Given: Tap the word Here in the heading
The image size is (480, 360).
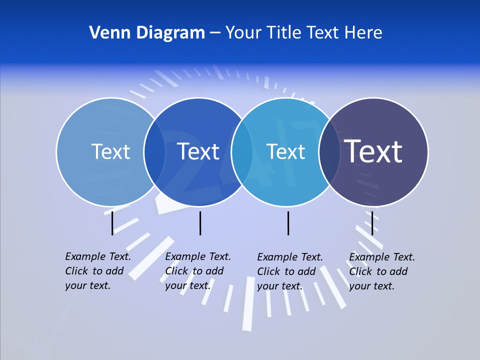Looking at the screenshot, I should point(363,33).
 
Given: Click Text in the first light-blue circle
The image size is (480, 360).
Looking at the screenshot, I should point(110,151).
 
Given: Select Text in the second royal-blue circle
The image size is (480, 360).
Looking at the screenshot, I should point(198,151).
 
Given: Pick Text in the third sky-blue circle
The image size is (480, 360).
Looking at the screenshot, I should point(285,151).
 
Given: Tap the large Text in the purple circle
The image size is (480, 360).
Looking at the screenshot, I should point(373,151).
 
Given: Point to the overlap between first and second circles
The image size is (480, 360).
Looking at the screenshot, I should point(154,152).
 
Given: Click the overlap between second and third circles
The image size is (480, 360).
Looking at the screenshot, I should point(242,152).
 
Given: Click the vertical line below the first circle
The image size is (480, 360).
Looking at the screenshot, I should point(112,223).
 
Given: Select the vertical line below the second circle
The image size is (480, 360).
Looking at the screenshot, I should point(200,223).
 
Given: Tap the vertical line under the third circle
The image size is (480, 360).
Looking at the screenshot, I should point(288,223).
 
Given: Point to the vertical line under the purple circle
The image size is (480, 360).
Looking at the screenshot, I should point(372,223).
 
